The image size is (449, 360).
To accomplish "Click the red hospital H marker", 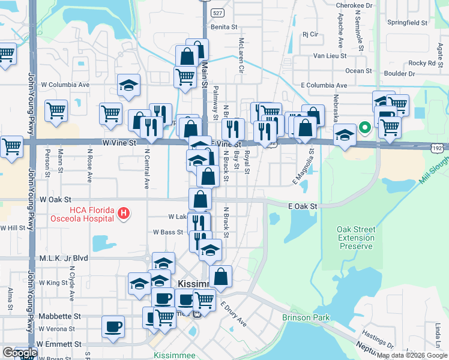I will pos(124,213).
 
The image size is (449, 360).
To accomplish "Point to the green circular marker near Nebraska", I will pos(364,128).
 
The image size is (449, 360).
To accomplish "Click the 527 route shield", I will pos(205,11).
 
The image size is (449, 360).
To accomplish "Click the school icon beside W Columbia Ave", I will pos(128,86).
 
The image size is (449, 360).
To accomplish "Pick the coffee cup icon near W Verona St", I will pos(113,326).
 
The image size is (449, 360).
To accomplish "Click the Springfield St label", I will pos(407,23).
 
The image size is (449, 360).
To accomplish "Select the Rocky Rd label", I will pos(422,63).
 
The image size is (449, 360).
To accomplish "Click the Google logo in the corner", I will pos(19,353).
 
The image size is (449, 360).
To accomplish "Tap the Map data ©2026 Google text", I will pos(412,356).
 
